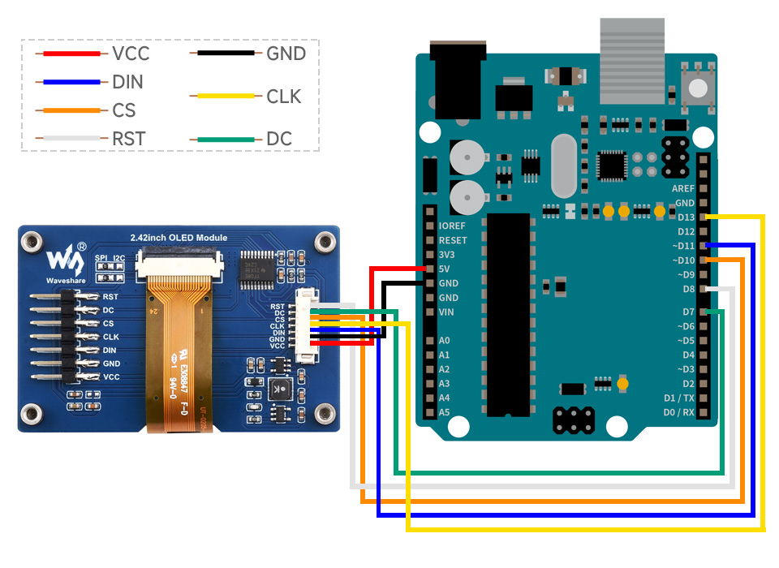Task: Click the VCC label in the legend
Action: pyautogui.click(x=131, y=54)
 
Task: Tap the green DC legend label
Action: pyautogui.click(x=279, y=140)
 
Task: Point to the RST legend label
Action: pyautogui.click(x=129, y=140)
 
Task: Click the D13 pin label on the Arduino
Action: pyautogui.click(x=685, y=217)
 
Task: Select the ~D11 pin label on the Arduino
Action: pyautogui.click(x=682, y=246)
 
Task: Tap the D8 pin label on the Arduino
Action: pyautogui.click(x=688, y=289)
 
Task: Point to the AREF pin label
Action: pyautogui.click(x=682, y=188)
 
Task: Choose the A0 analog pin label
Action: pyautogui.click(x=444, y=341)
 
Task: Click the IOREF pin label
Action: pyautogui.click(x=452, y=226)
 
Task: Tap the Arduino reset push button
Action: pyautogui.click(x=695, y=88)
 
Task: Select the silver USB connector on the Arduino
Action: pyautogui.click(x=631, y=61)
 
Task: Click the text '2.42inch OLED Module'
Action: pyautogui.click(x=179, y=238)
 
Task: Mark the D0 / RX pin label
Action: pyautogui.click(x=678, y=412)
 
